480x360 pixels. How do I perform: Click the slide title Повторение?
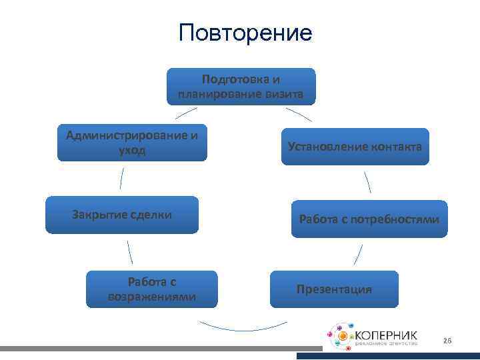(245, 33)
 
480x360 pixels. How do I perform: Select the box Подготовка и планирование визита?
(241, 87)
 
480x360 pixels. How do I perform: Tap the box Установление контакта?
(355, 147)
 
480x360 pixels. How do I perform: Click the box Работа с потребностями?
(369, 219)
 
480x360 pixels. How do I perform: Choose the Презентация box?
(334, 289)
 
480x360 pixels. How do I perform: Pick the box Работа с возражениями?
(152, 289)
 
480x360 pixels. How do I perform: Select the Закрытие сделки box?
(122, 215)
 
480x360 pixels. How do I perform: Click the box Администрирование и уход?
(132, 143)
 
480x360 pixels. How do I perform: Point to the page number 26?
(447, 341)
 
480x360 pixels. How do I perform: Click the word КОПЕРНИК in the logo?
(386, 334)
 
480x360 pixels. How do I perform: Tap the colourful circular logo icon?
(341, 338)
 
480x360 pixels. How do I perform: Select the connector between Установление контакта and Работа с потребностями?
(367, 182)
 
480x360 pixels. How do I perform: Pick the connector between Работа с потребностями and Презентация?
(358, 254)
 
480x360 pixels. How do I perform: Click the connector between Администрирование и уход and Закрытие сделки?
(121, 178)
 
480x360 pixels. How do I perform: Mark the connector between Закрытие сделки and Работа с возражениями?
(129, 251)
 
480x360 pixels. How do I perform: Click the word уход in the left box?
(132, 151)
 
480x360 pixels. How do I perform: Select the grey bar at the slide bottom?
(160, 349)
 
